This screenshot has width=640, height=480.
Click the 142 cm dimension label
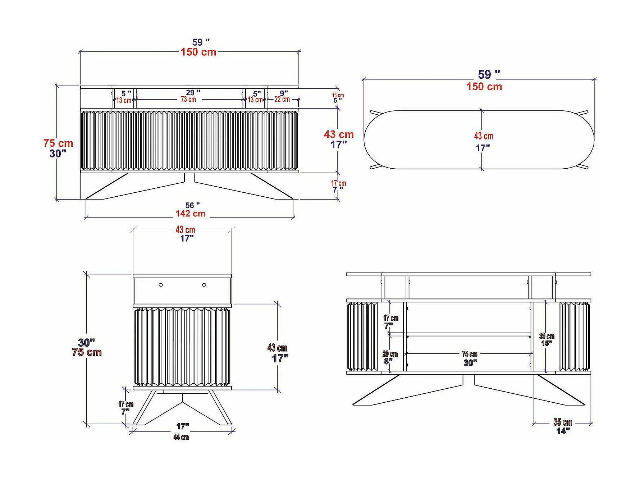point(190,214)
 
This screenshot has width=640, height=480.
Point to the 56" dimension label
point(192,205)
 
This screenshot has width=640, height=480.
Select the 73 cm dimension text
point(188,100)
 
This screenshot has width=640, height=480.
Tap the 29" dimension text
point(193,93)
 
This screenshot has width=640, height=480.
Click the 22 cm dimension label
point(282,99)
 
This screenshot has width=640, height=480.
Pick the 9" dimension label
point(284,93)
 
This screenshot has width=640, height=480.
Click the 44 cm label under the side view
point(181,437)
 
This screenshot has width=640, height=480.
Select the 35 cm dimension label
point(563,422)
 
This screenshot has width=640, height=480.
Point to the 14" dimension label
point(563,431)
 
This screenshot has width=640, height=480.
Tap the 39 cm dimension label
point(547,336)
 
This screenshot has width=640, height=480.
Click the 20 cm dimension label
point(390,354)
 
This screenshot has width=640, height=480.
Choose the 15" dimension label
point(547,343)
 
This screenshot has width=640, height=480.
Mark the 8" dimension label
point(388,361)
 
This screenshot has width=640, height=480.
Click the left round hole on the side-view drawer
point(161,285)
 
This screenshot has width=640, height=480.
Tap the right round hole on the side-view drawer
point(204,285)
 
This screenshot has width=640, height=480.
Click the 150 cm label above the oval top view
point(484,87)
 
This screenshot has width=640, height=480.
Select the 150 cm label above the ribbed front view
point(198,52)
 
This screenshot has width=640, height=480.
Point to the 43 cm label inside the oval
point(484,136)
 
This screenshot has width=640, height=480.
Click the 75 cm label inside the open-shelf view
point(470,355)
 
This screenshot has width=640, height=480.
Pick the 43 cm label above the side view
point(185,230)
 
